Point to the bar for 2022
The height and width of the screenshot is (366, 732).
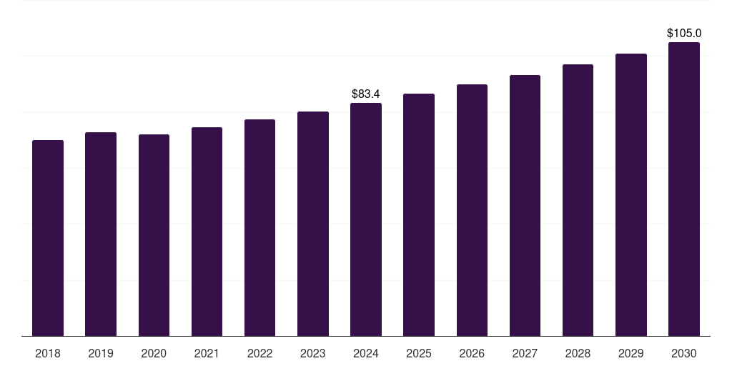(x=259, y=228)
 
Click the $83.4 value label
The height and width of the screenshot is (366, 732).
(x=366, y=94)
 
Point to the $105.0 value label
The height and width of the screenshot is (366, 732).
(x=684, y=33)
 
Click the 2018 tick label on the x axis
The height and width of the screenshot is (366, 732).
(x=48, y=353)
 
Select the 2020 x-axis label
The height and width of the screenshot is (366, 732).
(x=154, y=353)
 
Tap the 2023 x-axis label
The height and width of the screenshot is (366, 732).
(x=313, y=353)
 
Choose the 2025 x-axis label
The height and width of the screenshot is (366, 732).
(x=419, y=353)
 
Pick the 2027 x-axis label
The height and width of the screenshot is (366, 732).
(x=525, y=353)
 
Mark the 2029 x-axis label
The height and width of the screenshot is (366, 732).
(x=630, y=353)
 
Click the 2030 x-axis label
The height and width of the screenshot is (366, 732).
(x=684, y=353)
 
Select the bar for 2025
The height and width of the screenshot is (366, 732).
(x=419, y=215)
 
